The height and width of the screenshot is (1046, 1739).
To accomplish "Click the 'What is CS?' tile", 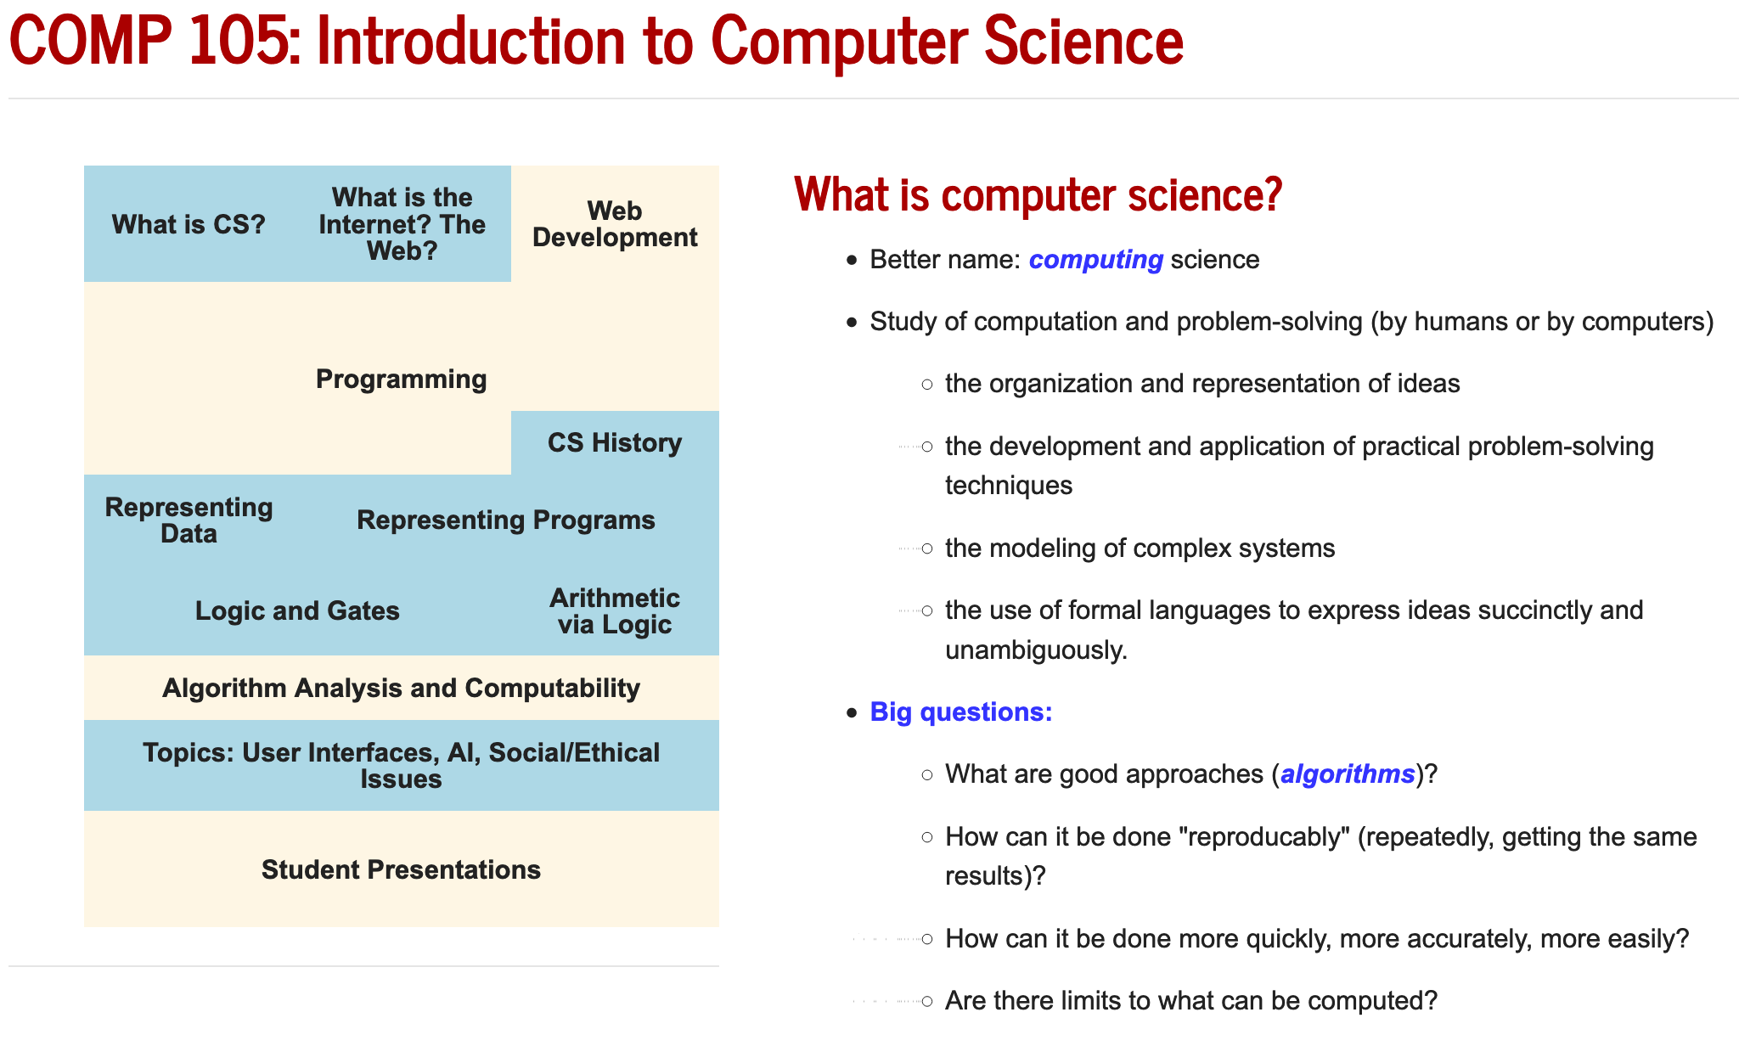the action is coord(189,224).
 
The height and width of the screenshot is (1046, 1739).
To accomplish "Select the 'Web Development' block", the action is coord(615,224).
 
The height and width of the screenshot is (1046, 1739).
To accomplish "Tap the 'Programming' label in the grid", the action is coord(401,379).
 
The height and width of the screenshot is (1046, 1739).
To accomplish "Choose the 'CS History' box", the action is coord(615,442).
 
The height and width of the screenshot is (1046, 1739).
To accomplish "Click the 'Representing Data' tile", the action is coord(189,520).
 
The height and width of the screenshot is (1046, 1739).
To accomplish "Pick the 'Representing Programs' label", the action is coord(506,520).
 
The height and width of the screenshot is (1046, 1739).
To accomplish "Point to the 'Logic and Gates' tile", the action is coord(297,610).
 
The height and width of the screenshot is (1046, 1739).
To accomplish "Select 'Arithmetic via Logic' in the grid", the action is coord(615,610).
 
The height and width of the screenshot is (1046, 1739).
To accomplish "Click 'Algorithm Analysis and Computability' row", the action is coord(401,688).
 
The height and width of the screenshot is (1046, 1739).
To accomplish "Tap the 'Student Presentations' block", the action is coord(401,869).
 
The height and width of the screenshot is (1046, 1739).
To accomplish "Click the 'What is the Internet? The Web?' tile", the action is coord(402,224).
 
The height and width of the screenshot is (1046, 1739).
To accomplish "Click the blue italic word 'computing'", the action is coord(1096,259).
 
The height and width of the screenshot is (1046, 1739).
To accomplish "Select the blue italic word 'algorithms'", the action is coord(1348,773).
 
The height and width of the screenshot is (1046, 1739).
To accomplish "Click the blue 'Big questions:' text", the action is coord(961,711).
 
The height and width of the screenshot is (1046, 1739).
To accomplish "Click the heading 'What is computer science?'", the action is coord(1038,194).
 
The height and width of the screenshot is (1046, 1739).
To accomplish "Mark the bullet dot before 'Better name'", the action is coord(853,260).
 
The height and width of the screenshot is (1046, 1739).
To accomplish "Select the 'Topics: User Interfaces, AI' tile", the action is coord(401,766).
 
